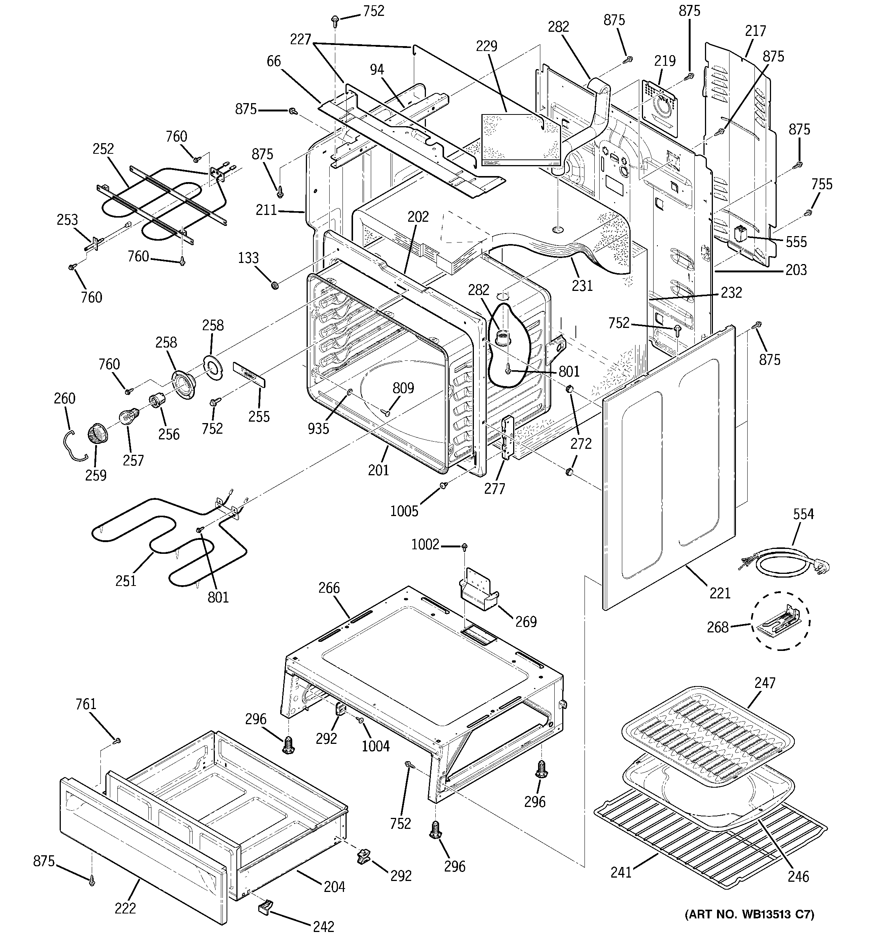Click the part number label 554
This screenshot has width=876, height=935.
click(x=803, y=514)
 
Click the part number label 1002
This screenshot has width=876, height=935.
click(x=425, y=545)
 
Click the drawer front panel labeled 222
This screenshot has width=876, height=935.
click(x=141, y=842)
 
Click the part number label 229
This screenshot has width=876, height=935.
click(x=486, y=46)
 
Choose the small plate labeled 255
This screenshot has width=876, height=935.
click(x=249, y=374)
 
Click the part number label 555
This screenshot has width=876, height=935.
click(x=796, y=242)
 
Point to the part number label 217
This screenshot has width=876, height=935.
click(x=755, y=31)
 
